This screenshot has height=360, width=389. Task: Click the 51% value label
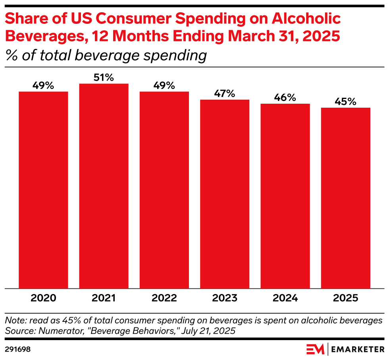tap(104, 77)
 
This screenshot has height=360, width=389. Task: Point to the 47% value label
tap(225, 94)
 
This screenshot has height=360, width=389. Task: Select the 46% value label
tap(285, 98)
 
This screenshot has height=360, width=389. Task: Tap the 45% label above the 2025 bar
tap(346, 102)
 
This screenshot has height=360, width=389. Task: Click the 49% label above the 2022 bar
tap(164, 85)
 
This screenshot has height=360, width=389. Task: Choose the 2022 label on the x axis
tap(164, 298)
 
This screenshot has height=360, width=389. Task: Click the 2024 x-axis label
tap(285, 298)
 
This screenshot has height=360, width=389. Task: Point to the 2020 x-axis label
tap(44, 298)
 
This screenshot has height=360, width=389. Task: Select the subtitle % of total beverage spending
tap(106, 55)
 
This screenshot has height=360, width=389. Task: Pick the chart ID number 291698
tap(18, 350)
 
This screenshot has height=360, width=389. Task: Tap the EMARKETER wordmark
tap(357, 350)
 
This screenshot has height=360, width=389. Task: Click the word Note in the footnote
tap(13, 320)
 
